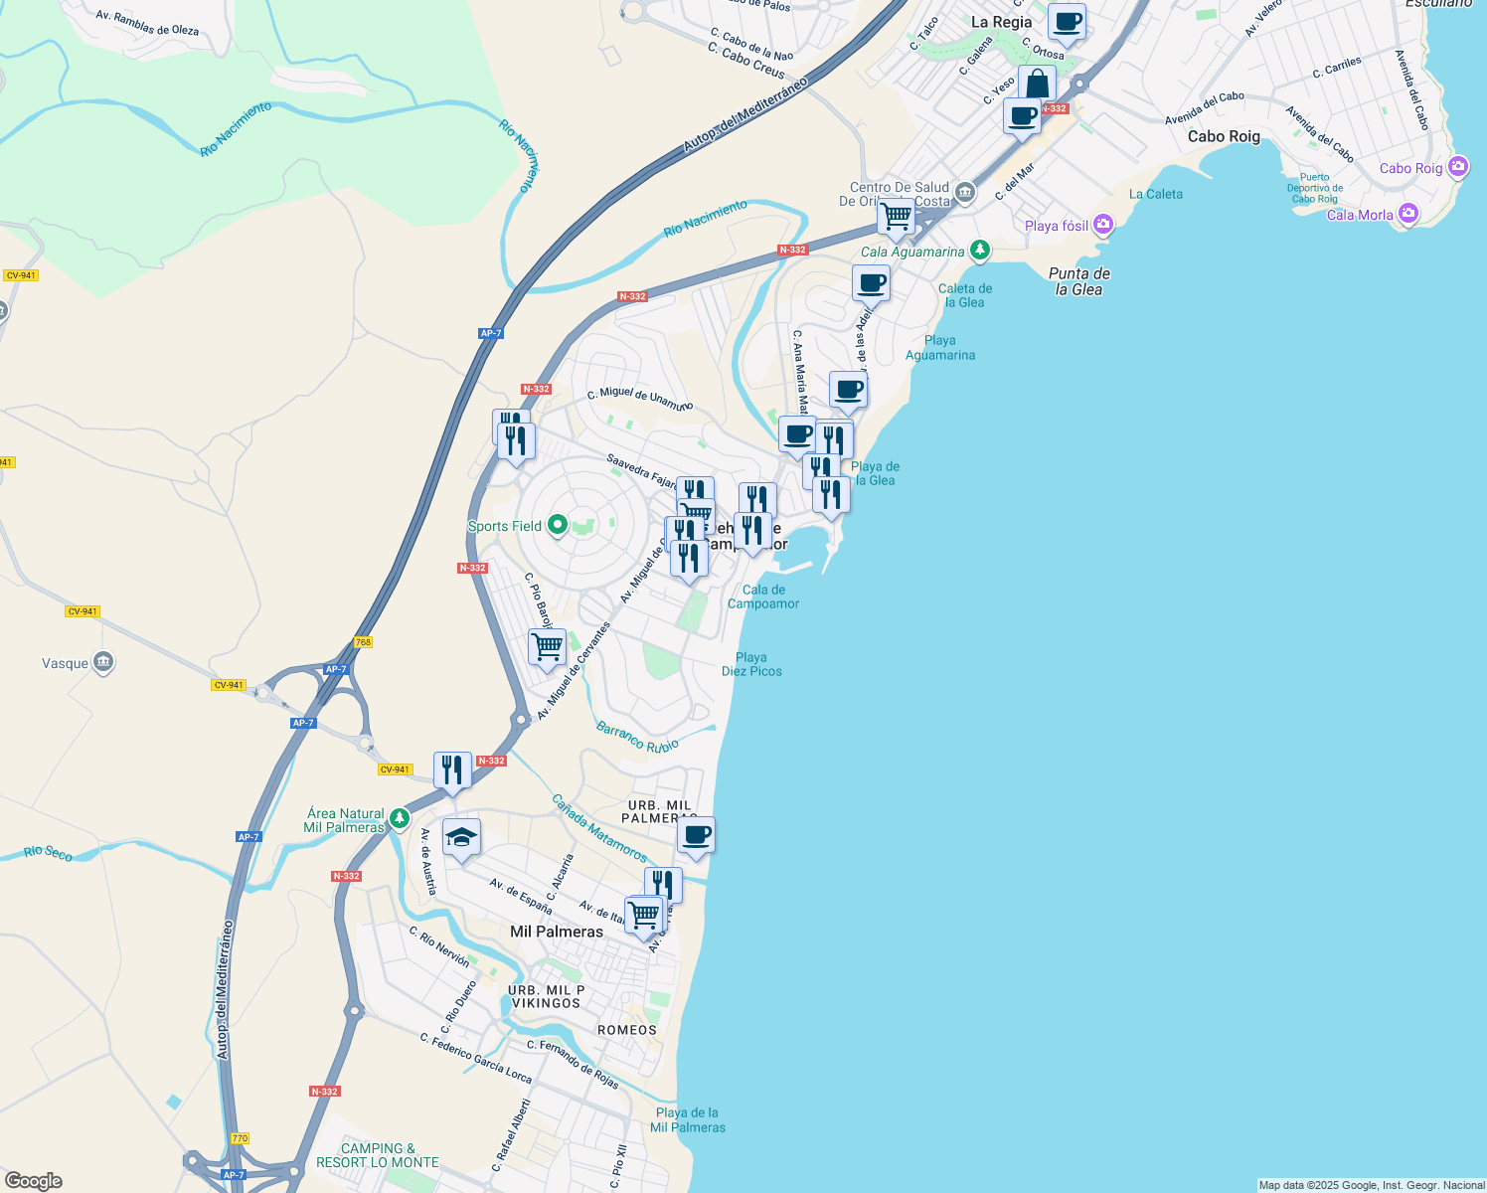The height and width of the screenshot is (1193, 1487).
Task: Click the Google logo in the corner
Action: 34,1180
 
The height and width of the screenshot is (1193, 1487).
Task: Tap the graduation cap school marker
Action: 461,839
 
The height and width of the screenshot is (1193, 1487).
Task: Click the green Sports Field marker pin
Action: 558,525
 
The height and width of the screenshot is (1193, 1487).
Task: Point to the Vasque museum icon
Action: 103,663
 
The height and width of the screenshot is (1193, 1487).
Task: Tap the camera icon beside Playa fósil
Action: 1103,226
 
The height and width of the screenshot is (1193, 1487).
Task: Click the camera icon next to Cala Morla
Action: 1408,214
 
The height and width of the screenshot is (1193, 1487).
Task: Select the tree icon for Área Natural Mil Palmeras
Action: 400,819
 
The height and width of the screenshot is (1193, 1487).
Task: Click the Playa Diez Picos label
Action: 751,664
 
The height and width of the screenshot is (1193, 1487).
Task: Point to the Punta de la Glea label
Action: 1078,281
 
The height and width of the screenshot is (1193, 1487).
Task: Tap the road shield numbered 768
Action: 363,642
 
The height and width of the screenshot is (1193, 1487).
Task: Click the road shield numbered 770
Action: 239,1138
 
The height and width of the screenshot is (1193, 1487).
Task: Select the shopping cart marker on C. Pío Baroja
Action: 547,647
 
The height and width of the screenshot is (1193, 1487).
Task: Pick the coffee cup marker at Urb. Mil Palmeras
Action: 696,835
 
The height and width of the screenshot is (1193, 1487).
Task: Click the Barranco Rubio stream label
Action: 637,738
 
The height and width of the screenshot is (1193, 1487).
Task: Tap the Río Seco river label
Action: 48,853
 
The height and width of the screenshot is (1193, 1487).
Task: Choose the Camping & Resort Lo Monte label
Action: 378,1155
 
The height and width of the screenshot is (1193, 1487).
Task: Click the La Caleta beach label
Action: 1156,195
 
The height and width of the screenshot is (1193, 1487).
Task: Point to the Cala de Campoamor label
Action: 763,596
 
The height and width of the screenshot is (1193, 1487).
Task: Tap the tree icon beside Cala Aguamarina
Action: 980,251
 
